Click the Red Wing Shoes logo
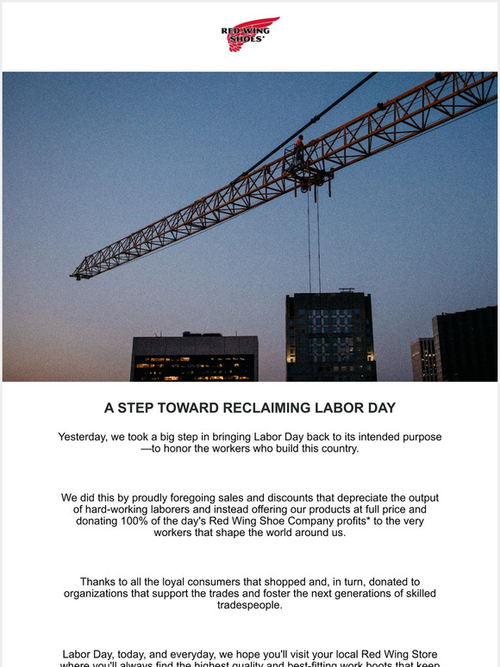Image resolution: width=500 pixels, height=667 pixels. [x=250, y=34]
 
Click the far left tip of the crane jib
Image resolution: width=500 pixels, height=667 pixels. [x=75, y=275]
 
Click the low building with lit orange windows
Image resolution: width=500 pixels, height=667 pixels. [x=194, y=358]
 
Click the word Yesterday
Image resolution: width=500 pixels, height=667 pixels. [x=87, y=437]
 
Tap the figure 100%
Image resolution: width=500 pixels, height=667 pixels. [x=153, y=521]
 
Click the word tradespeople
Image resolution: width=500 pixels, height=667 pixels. [x=249, y=607]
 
